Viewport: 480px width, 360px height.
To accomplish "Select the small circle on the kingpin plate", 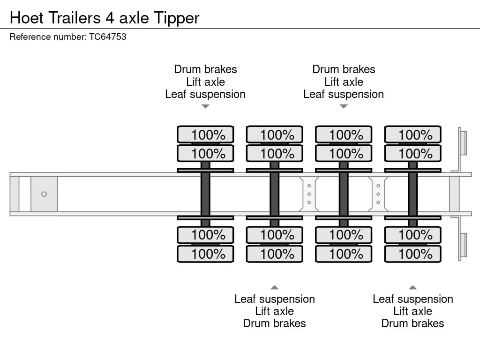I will (44, 194).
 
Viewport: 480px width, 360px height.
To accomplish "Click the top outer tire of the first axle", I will (205, 135).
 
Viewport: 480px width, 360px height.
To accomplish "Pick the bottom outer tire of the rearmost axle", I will (412, 254).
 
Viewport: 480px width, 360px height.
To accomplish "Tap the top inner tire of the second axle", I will (274, 153).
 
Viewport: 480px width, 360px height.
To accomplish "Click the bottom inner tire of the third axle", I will (344, 234).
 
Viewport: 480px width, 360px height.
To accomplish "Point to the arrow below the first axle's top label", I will (205, 106).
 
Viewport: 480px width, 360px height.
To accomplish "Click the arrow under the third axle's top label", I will (344, 106).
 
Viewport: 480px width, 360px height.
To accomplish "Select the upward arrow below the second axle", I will (274, 287).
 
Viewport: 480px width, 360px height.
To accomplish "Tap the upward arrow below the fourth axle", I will (412, 287).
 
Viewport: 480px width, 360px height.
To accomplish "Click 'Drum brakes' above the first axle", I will (205, 69).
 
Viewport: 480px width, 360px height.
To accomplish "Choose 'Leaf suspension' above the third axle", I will (344, 94).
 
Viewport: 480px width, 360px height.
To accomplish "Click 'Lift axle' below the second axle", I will (274, 311).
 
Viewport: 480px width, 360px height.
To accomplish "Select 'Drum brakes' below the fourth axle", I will (412, 323).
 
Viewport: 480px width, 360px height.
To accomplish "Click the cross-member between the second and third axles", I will (309, 194).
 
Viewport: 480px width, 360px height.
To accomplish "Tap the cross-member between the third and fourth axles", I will (378, 194).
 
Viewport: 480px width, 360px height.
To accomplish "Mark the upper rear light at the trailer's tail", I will (463, 142).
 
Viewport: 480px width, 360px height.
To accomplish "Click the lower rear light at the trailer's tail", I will (463, 246).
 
